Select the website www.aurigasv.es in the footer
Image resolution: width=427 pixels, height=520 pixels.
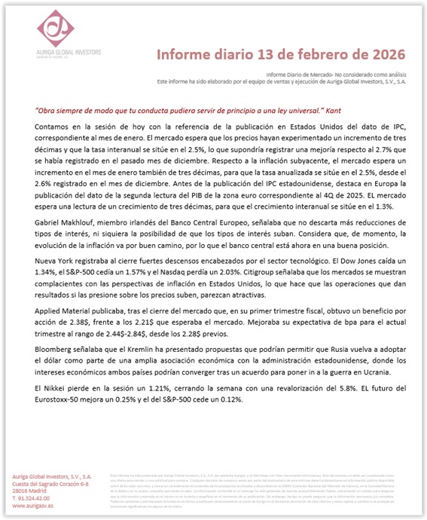(x=29, y=506)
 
